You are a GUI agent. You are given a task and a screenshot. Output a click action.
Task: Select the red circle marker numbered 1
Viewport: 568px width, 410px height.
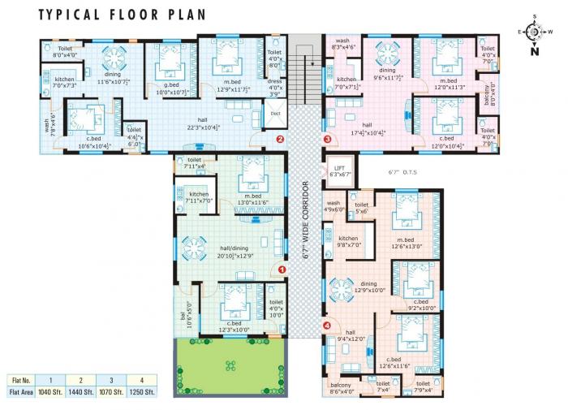282,270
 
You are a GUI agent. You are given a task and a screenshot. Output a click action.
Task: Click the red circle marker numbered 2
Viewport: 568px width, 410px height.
279,139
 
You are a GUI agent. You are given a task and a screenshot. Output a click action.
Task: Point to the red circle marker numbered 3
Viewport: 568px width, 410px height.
327,139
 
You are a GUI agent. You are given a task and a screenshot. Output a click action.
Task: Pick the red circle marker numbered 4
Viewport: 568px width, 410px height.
327,326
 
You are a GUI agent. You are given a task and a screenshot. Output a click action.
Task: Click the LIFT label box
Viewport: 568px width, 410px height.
339,170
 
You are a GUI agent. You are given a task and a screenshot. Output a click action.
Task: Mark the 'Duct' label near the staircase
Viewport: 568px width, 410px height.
275,114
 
